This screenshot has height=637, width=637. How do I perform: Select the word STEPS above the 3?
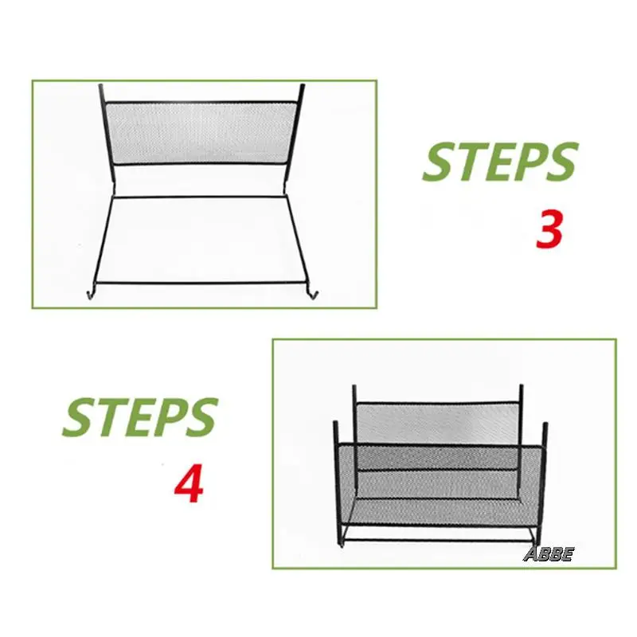coord(499,162)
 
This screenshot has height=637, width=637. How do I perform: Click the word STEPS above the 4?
coord(140,417)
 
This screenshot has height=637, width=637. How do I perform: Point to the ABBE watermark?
coord(548,555)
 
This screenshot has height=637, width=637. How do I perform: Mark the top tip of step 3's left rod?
coord(100,85)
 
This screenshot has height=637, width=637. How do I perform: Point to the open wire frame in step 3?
coord(203,239)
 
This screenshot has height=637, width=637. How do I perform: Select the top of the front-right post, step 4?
coord(545,424)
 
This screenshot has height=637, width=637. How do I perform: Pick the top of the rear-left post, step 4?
coord(354,387)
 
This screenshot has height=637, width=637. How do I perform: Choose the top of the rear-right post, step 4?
coord(522,388)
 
